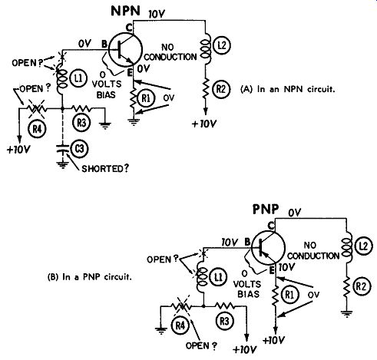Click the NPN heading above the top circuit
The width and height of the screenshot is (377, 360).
126,11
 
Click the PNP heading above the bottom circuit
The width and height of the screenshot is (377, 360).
266,209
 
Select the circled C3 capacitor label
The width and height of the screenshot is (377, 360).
79,149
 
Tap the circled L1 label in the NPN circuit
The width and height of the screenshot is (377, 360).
78,78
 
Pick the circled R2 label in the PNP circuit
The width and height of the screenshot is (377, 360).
361,287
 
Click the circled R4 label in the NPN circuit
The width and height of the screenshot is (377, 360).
37,129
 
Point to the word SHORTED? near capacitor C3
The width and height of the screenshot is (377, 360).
105,169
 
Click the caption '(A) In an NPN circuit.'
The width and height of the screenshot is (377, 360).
288,89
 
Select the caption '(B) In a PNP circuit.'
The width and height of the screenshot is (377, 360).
90,277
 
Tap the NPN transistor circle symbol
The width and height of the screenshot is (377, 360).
125,51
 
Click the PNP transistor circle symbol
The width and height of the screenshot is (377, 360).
268,247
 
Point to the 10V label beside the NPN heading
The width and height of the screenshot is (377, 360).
157,14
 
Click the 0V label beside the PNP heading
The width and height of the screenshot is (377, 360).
295,213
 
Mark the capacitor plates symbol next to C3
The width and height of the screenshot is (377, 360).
62,149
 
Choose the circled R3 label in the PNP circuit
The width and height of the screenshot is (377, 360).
224,321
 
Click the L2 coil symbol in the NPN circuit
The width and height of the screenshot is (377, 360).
206,49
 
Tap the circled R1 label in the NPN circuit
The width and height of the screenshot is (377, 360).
146,98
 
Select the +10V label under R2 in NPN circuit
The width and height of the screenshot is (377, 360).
204,124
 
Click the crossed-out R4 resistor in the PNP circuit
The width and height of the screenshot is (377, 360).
181,306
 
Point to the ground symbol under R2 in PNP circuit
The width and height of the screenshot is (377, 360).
346,313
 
